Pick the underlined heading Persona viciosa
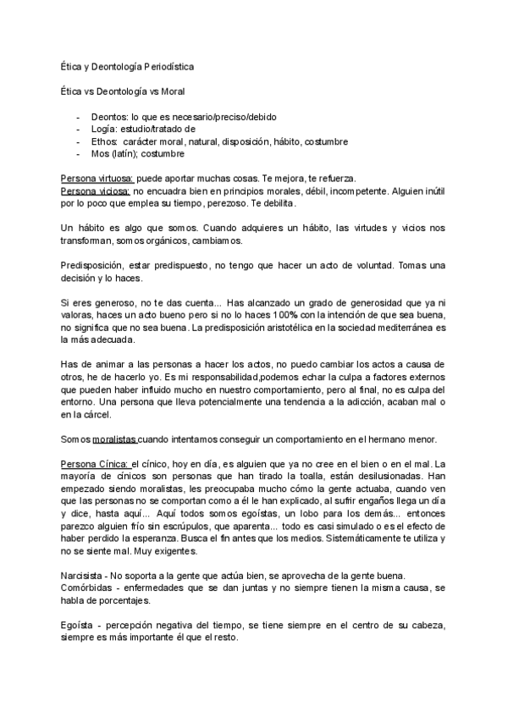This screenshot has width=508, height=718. pos(93,191)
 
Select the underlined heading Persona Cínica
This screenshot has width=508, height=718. pos(94,464)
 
